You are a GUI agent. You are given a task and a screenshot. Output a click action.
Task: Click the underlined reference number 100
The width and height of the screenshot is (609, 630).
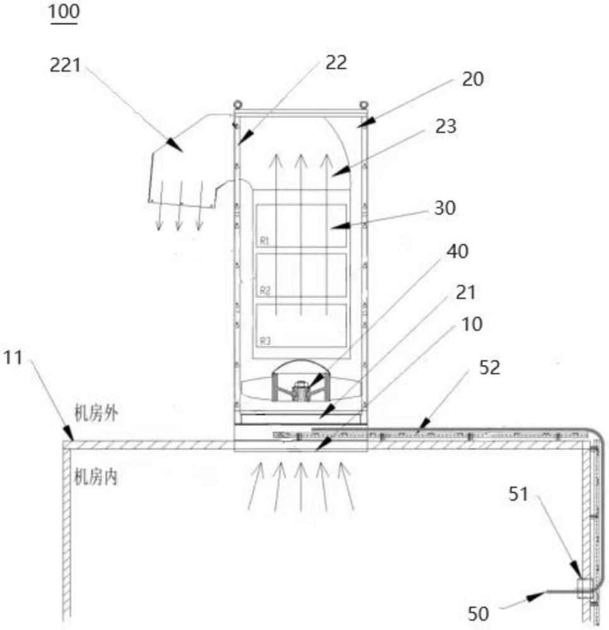click(x=64, y=11)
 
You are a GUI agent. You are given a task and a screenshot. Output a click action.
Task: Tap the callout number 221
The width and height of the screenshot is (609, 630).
click(x=65, y=65)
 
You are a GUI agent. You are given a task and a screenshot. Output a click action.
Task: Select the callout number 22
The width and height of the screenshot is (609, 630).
click(x=335, y=62)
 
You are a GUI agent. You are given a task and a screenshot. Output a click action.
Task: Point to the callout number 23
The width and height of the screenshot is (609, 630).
click(x=446, y=127)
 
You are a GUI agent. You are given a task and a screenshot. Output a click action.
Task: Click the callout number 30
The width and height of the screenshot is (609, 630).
click(x=445, y=208)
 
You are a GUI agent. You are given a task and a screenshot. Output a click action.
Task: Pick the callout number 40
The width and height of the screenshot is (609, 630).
click(x=458, y=251)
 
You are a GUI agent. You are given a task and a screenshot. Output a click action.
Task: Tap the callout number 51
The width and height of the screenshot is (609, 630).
click(x=518, y=494)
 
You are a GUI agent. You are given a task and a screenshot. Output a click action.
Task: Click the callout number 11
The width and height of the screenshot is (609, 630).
click(x=13, y=357)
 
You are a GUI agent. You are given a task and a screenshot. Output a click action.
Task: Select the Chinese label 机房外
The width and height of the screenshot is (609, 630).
click(x=96, y=413)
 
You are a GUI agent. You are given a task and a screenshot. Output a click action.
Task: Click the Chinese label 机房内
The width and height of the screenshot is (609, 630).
click(x=96, y=477)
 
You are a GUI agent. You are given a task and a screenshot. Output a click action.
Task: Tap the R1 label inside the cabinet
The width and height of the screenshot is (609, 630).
click(x=264, y=241)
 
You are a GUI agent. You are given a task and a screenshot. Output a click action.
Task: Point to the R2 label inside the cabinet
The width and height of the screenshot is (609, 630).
click(x=265, y=290)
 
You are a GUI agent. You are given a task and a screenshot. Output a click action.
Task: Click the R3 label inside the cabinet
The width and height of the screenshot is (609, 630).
click(x=265, y=341)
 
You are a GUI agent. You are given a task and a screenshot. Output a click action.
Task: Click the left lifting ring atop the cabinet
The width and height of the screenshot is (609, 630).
click(x=238, y=104)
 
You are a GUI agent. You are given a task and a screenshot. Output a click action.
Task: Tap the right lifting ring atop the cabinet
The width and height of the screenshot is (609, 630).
click(x=363, y=105)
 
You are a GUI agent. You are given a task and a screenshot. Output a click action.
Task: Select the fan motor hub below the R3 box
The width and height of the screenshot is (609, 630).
click(x=301, y=390)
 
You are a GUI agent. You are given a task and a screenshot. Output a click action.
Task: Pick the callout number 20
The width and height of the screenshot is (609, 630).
click(x=473, y=79)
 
